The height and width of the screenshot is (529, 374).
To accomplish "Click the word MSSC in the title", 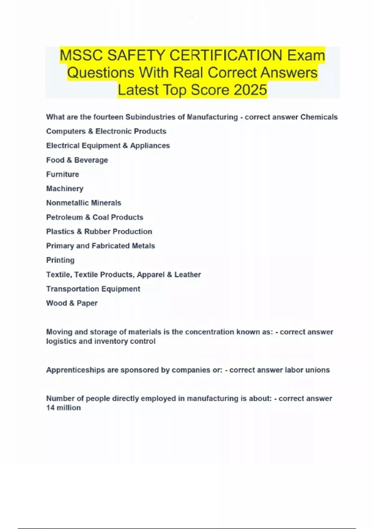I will (81, 55).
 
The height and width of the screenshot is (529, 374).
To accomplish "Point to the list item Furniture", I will (63, 174).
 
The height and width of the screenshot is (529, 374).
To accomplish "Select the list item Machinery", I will (65, 189).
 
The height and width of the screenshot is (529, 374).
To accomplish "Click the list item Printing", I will (60, 260).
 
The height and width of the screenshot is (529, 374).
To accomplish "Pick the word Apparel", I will (151, 274).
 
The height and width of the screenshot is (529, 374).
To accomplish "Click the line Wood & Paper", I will (72, 303).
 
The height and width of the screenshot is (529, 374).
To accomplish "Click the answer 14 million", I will (64, 408).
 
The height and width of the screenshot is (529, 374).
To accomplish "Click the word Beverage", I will (91, 160).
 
